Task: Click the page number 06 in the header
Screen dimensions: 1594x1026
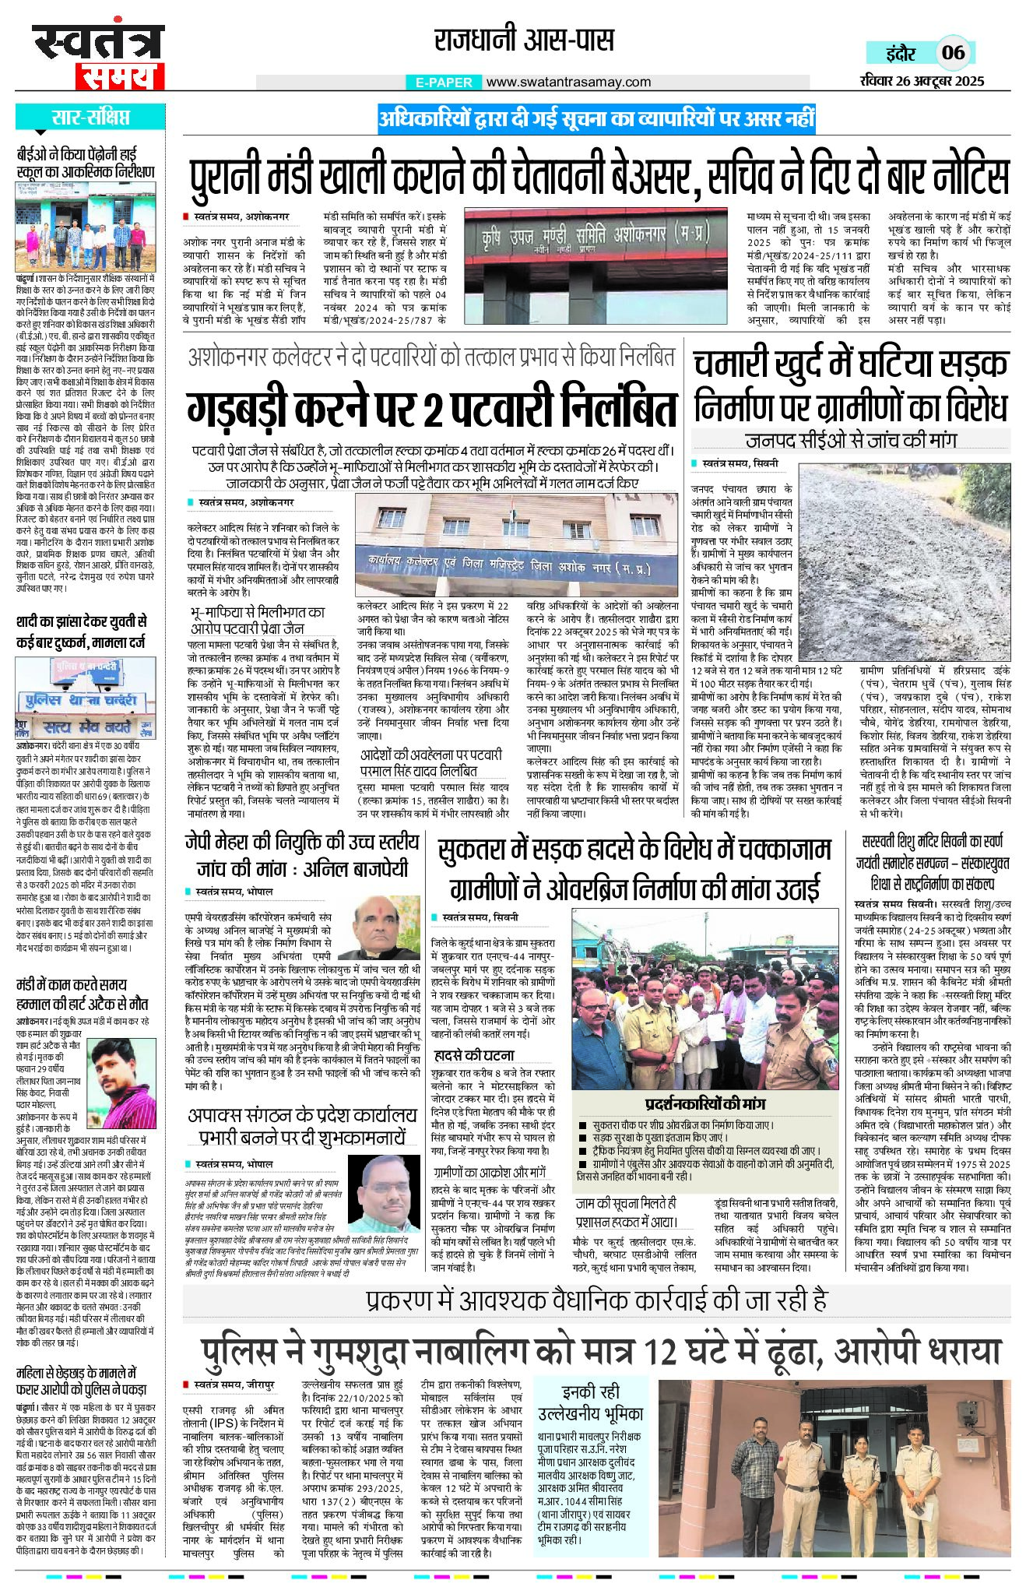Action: [953, 53]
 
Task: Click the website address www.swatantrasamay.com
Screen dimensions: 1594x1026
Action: [568, 82]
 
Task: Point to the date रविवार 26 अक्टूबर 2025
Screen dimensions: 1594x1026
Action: [922, 80]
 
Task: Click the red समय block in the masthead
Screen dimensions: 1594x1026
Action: [119, 76]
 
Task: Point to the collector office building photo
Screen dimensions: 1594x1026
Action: [515, 545]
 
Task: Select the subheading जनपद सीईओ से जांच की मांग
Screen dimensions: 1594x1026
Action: [850, 440]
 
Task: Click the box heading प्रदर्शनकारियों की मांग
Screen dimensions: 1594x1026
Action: [704, 1104]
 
